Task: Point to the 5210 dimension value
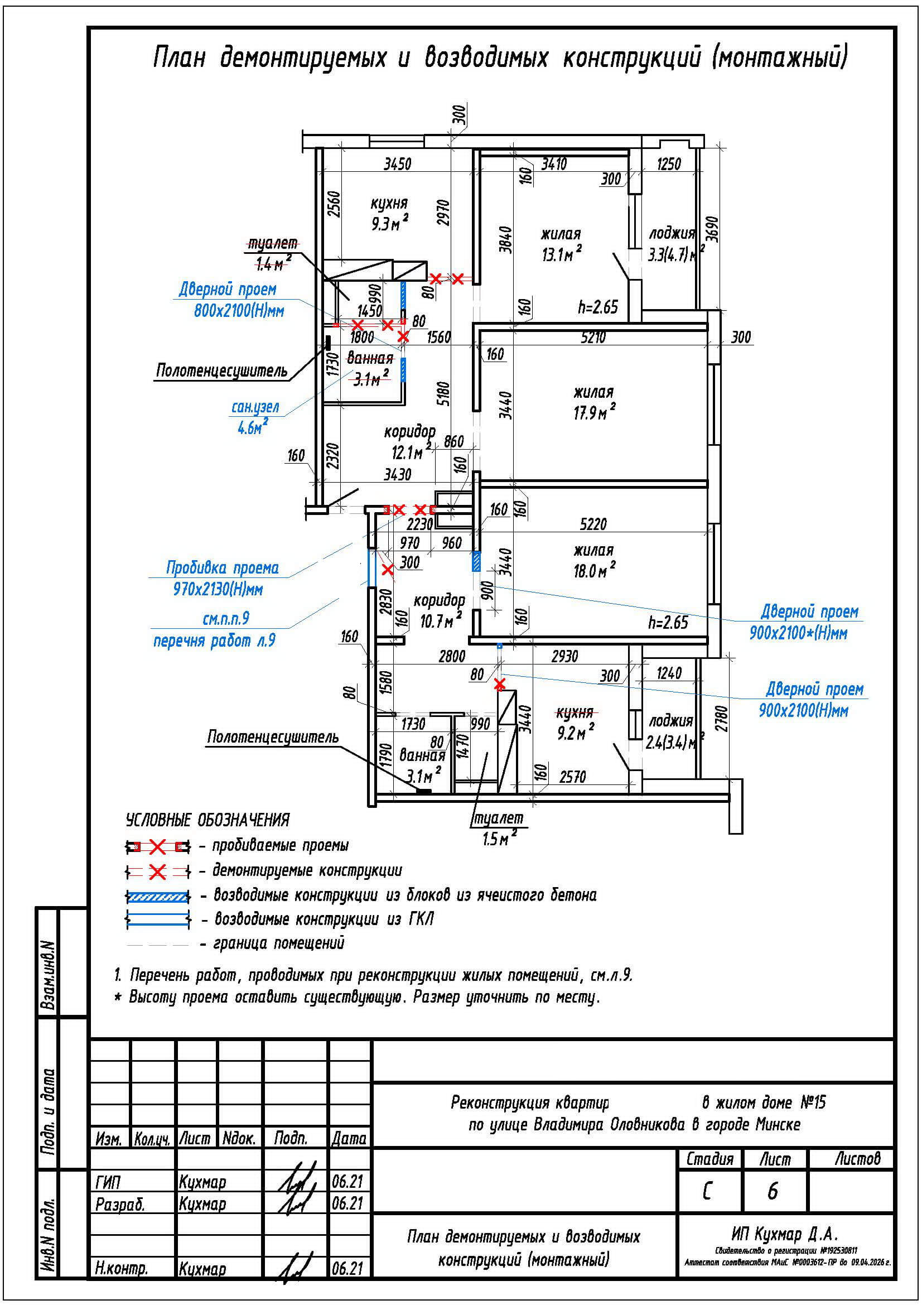coord(593,338)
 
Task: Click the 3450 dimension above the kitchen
coord(397,164)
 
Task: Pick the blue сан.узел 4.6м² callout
coord(255,417)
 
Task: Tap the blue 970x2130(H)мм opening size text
coord(218,589)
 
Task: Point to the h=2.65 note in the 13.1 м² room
coord(597,307)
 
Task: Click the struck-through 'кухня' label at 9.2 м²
coord(575,712)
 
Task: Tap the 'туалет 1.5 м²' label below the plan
coord(496,829)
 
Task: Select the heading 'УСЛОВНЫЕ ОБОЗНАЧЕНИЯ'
coord(207,820)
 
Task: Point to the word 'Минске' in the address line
coord(778,1125)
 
